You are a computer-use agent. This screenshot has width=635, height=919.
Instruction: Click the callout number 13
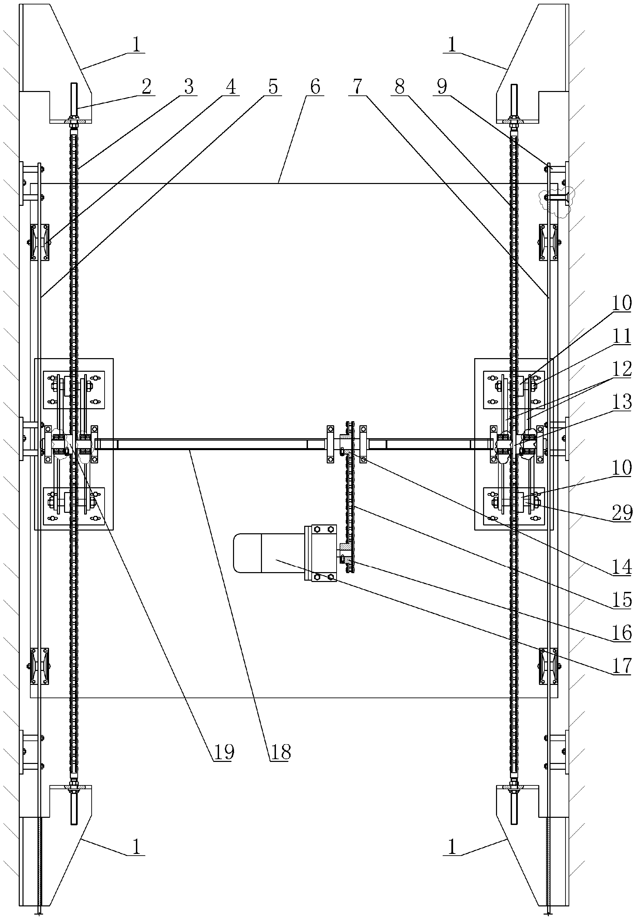[621, 402]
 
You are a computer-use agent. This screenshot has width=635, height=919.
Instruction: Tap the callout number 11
[621, 336]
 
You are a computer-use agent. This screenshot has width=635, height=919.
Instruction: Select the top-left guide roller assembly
[40, 242]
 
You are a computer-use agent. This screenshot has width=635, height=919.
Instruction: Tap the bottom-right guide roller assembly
[548, 666]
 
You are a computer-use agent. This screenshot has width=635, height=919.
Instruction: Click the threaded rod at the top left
[74, 99]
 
